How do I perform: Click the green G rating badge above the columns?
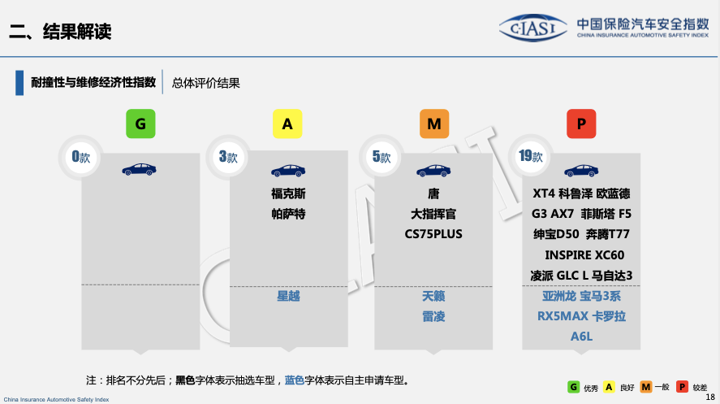[140, 124]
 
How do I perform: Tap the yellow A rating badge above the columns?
[287, 124]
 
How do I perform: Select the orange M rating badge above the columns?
[433, 124]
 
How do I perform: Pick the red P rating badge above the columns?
[581, 124]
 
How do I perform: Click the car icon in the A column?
[287, 171]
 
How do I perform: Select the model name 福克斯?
[288, 194]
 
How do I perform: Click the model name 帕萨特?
[288, 214]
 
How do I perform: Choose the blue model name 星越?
[288, 296]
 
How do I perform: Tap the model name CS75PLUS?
[433, 234]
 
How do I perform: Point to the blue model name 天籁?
[433, 296]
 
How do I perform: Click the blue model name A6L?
[582, 336]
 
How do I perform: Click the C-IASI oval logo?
[532, 29]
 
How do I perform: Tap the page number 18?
[710, 396]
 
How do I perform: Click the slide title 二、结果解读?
[60, 32]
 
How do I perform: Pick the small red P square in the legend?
[682, 387]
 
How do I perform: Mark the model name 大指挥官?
[433, 214]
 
